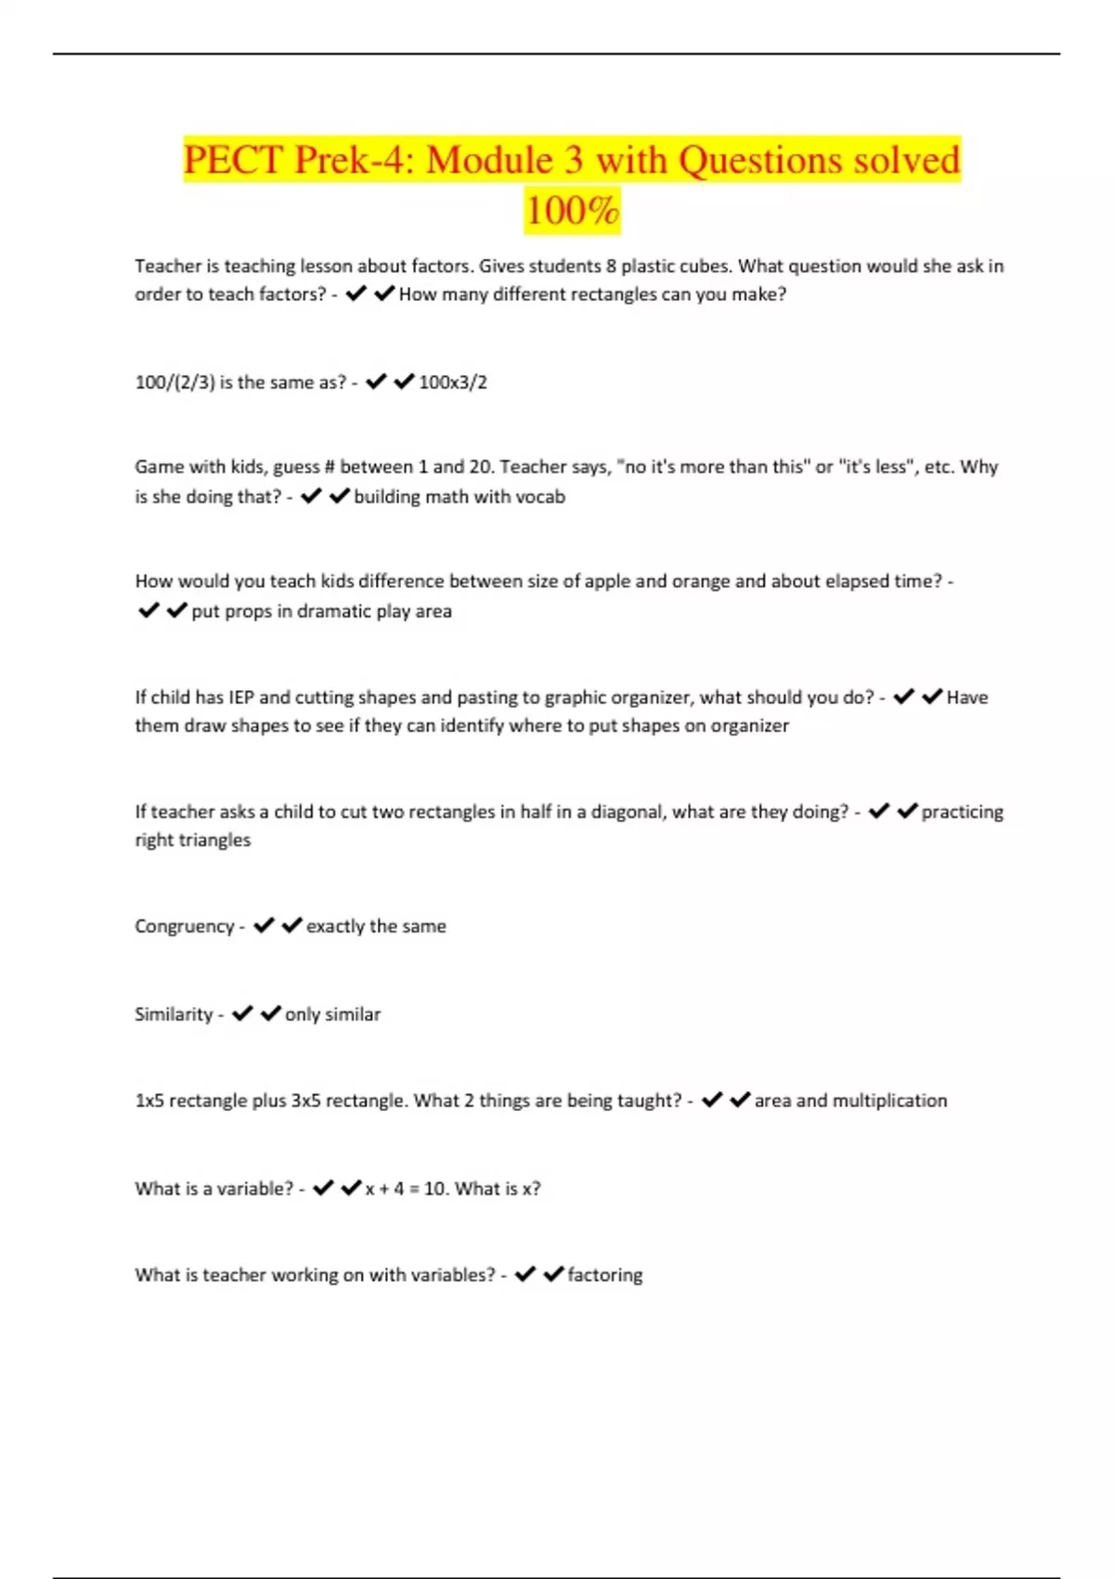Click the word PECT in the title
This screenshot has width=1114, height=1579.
[232, 160]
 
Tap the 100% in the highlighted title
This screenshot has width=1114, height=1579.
[572, 210]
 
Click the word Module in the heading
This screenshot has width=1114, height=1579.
[489, 160]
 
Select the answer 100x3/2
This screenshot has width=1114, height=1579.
[453, 382]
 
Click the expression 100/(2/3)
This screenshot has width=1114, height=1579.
[175, 382]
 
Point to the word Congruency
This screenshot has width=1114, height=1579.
[184, 926]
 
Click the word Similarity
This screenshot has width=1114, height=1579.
[174, 1014]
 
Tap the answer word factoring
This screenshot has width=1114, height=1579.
[604, 1275]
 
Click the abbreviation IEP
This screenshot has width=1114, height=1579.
[240, 698]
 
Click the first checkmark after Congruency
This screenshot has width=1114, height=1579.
[264, 925]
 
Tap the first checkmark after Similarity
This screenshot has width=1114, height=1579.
[242, 1013]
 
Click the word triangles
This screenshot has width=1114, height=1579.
[214, 840]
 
